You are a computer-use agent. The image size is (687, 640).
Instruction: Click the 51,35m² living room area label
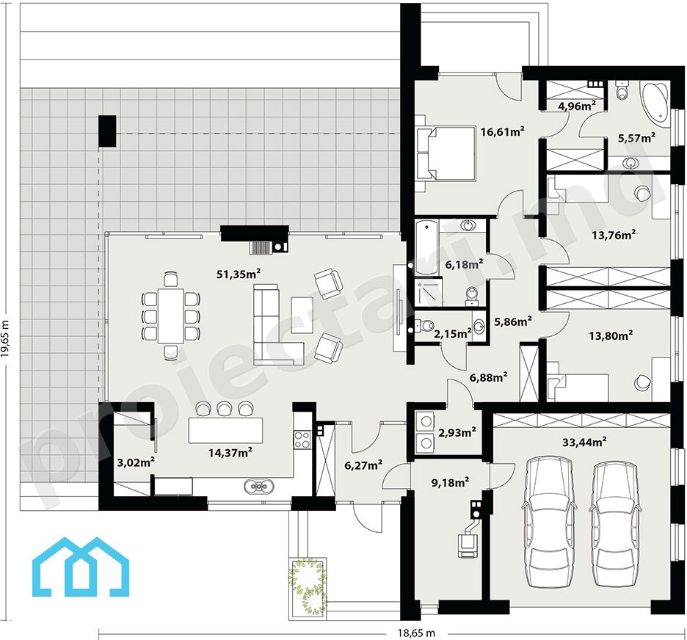pyautogui.click(x=239, y=274)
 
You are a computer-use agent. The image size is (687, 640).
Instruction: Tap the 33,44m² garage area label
pyautogui.click(x=584, y=442)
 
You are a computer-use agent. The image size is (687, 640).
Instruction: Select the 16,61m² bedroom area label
pyautogui.click(x=503, y=131)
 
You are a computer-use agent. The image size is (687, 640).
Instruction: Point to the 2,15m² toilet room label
pyautogui.click(x=453, y=334)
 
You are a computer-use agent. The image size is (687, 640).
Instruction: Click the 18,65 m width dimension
pyautogui.click(x=417, y=633)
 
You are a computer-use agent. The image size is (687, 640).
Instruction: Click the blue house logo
pyautogui.click(x=81, y=567)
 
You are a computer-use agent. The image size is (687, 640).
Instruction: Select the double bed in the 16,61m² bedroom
pyautogui.click(x=445, y=153)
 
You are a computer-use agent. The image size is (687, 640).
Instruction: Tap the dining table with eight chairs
pyautogui.click(x=171, y=316)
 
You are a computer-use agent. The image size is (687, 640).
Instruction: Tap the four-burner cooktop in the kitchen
pyautogui.click(x=302, y=440)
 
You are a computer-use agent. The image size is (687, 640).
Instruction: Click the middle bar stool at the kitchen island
pyautogui.click(x=225, y=408)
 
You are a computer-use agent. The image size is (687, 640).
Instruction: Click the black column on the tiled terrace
pyautogui.click(x=107, y=131)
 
